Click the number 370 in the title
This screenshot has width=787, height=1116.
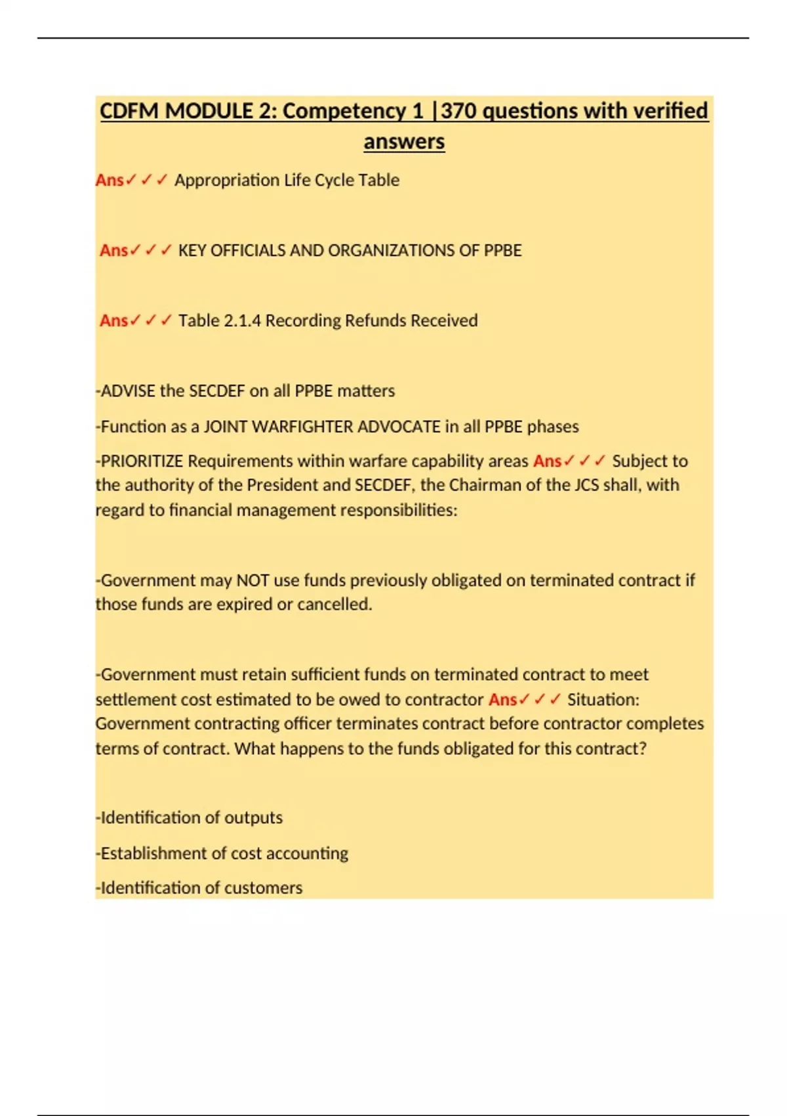(x=458, y=111)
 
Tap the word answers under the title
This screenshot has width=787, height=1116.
(x=404, y=141)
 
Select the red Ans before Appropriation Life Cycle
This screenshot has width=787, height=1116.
(x=110, y=180)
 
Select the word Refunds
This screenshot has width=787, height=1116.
(x=374, y=320)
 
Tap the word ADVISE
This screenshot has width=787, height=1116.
(x=128, y=391)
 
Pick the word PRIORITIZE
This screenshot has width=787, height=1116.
(x=141, y=461)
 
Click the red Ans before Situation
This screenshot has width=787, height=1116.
(x=502, y=700)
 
